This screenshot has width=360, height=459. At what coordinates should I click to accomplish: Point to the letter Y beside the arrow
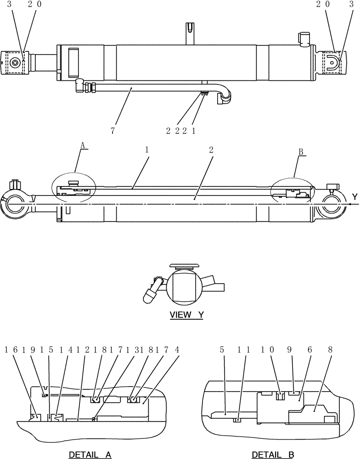(354, 197)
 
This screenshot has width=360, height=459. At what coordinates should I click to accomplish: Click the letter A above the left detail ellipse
(83, 145)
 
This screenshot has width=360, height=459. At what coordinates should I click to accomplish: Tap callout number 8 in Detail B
(332, 349)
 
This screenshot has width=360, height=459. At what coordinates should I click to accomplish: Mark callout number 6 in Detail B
(310, 349)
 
